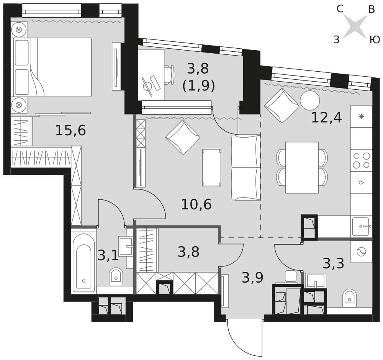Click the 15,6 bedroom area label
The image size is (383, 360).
pyautogui.click(x=70, y=130)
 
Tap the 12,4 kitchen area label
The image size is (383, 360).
pyautogui.click(x=327, y=117)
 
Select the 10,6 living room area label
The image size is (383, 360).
pyautogui.click(x=196, y=204)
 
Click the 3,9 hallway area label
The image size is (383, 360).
pyautogui.click(x=252, y=278)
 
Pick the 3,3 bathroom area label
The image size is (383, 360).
pyautogui.click(x=334, y=263)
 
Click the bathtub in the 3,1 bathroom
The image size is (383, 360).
pyautogui.click(x=84, y=263)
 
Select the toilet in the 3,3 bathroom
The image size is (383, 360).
pyautogui.click(x=350, y=298)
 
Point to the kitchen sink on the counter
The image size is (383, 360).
pyautogui.click(x=361, y=227)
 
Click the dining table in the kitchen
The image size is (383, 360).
pyautogui.click(x=302, y=168)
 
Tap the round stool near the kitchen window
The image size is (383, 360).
pyautogui.click(x=310, y=100)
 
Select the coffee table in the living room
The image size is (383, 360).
pyautogui.click(x=211, y=168)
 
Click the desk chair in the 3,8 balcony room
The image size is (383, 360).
pyautogui.click(x=170, y=75)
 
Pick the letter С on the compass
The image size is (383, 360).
pyautogui.click(x=340, y=9)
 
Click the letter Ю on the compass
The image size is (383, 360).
pyautogui.click(x=375, y=39)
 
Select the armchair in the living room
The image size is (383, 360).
pyautogui.click(x=183, y=137)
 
